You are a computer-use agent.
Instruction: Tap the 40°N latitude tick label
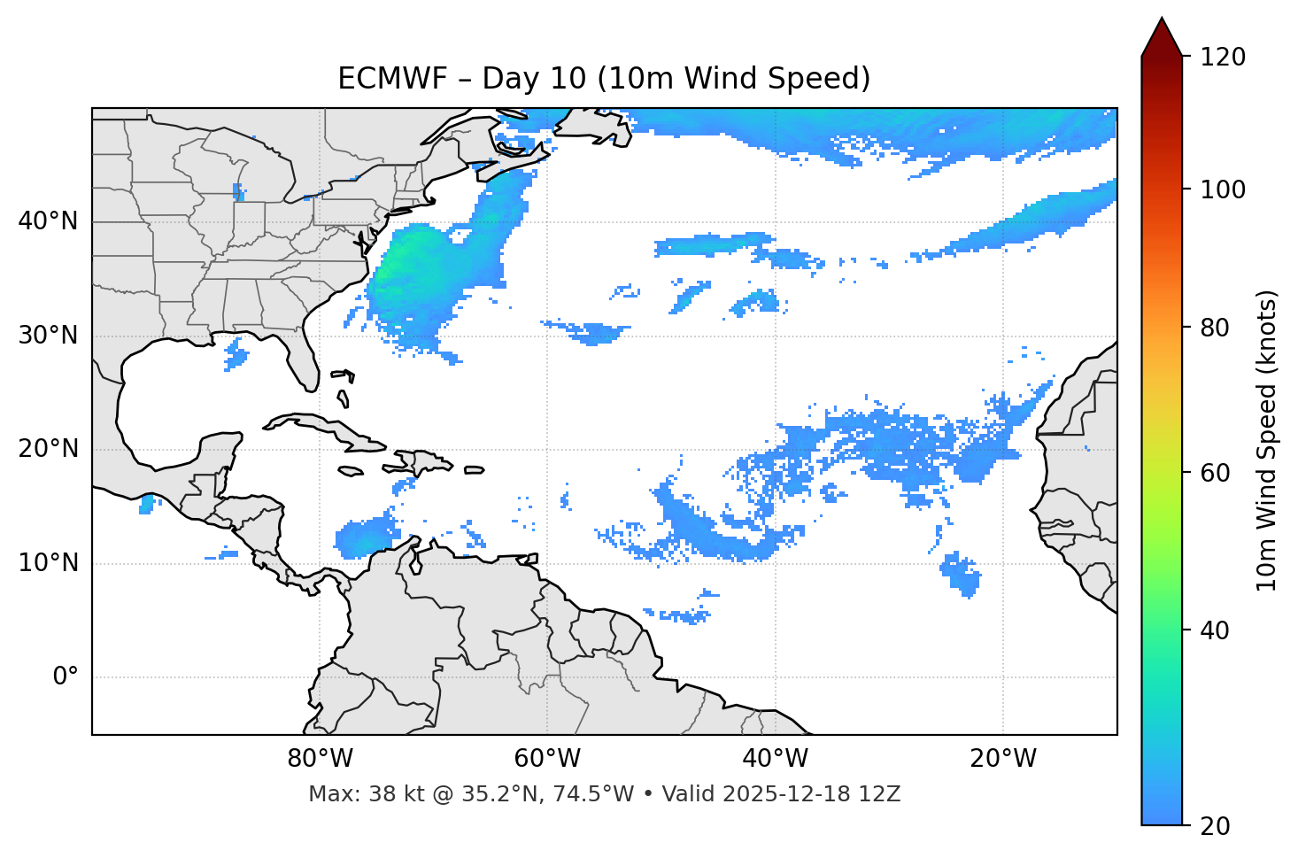48,220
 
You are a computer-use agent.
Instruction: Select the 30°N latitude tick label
48,336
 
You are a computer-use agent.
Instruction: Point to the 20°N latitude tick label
48,449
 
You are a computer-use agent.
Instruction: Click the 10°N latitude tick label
48,563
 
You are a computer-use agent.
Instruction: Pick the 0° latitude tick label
65,677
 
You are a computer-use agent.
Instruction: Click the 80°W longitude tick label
320,759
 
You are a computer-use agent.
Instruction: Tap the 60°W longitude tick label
547,759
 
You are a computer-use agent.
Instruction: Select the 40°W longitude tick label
775,759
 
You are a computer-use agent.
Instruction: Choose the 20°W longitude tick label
1002,759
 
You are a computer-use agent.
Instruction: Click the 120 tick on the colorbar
1222,58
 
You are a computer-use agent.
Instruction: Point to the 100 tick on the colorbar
1222,189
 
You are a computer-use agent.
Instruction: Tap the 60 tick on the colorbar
1216,473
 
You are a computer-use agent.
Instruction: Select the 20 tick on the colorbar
1216,826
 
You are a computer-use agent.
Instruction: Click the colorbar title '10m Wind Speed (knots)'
1267,440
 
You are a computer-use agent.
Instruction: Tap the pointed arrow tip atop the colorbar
1162,21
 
